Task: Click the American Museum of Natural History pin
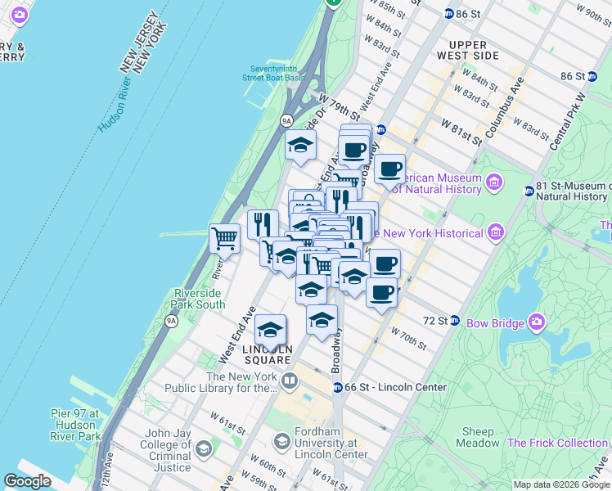[494, 181]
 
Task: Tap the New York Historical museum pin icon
[494, 234]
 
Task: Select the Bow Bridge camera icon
[536, 320]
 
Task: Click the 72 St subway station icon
[455, 319]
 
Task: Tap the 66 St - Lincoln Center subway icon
[336, 387]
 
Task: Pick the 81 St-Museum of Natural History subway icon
[529, 191]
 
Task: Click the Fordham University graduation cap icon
[281, 442]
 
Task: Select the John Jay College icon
[203, 448]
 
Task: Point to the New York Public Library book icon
[289, 381]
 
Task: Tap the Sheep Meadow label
[478, 437]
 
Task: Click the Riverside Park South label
[199, 299]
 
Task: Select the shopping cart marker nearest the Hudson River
[224, 239]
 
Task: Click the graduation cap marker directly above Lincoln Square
[270, 330]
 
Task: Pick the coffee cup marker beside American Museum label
[390, 169]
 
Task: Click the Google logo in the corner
[28, 481]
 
